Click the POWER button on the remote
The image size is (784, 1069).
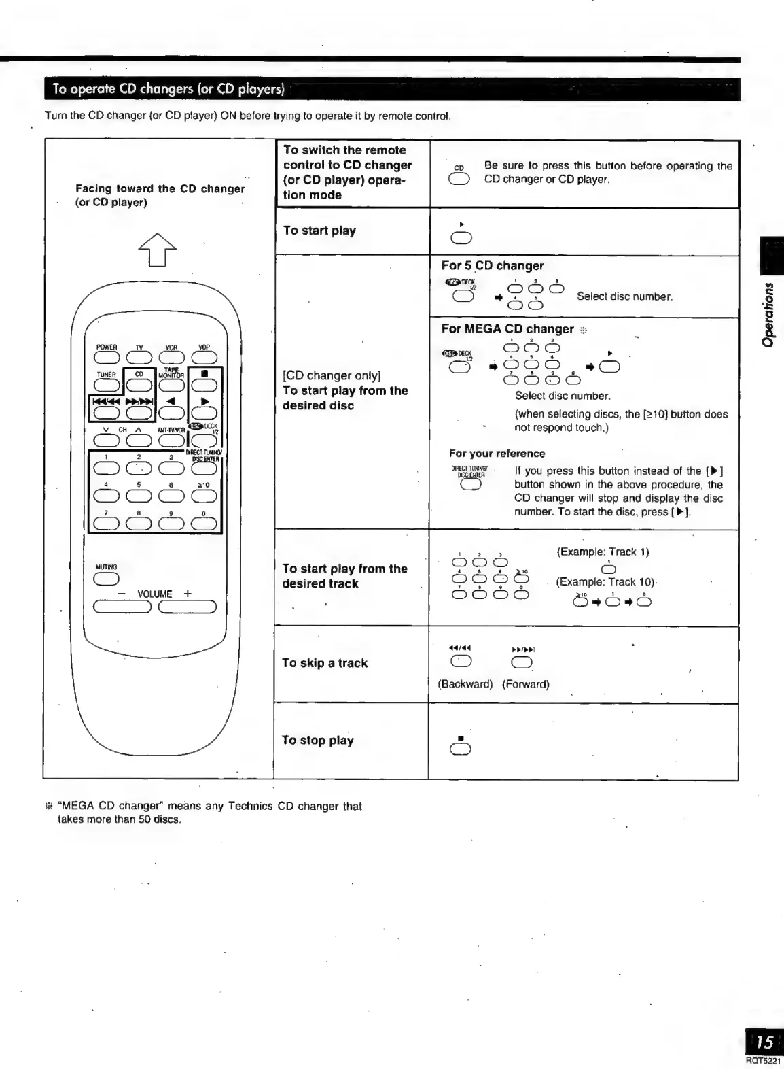(x=107, y=357)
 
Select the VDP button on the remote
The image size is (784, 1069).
(x=204, y=357)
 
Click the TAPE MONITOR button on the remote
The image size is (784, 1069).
(x=171, y=385)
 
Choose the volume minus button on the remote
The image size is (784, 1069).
(x=122, y=607)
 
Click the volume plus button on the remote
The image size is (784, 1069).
(x=188, y=607)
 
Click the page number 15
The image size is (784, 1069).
(x=764, y=1042)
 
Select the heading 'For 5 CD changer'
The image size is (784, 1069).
(x=493, y=266)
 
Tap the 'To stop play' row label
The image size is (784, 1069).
(x=318, y=740)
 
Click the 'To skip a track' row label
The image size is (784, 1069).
(x=325, y=663)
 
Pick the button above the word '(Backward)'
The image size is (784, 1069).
(x=461, y=662)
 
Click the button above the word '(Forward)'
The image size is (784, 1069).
(x=522, y=662)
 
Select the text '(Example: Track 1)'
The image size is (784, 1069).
(x=603, y=552)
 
